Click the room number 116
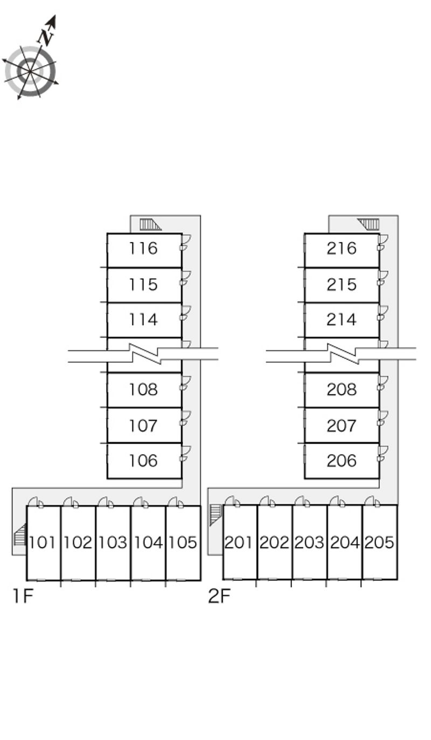[x=143, y=248]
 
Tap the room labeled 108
[x=143, y=390]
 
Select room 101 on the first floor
[x=42, y=542]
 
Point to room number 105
[x=183, y=542]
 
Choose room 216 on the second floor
[x=342, y=248]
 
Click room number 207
[x=342, y=426]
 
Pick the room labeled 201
[x=239, y=542]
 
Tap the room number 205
[x=379, y=542]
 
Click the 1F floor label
[x=23, y=596]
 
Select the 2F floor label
[x=219, y=596]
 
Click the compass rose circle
[x=30, y=71]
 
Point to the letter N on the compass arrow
[x=46, y=37]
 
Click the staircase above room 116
[x=149, y=224]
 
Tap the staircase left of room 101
[x=20, y=535]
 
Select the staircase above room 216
[x=370, y=224]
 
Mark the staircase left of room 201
[x=215, y=514]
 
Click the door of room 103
[x=106, y=503]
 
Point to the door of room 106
[x=185, y=454]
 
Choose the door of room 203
[x=303, y=503]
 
